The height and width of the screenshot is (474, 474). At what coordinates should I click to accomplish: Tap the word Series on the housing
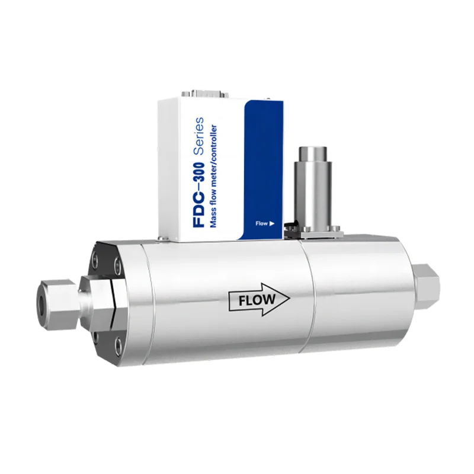(x=198, y=136)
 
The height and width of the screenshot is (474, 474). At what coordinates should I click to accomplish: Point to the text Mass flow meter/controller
(x=213, y=176)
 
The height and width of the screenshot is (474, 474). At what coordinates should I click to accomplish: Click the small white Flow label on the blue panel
(x=261, y=224)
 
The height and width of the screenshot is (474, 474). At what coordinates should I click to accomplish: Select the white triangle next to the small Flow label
(x=272, y=224)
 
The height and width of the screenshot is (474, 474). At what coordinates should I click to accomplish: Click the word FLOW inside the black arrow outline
(x=257, y=300)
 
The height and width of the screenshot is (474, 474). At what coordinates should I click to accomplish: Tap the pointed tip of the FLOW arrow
(x=290, y=299)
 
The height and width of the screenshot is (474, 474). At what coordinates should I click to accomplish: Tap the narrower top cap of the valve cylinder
(x=313, y=155)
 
